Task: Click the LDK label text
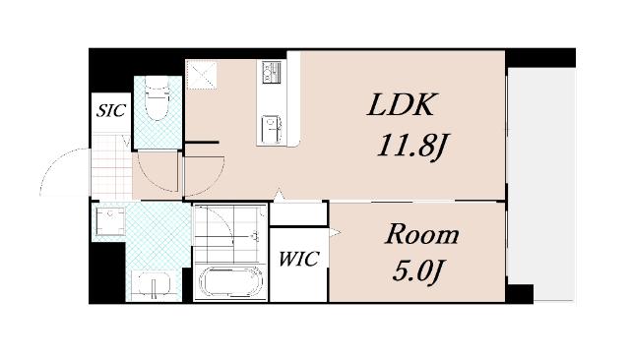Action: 402,106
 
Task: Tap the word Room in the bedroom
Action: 420,235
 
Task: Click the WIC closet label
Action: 297,261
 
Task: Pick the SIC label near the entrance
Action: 110,110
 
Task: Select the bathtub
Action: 230,283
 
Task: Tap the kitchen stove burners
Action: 271,72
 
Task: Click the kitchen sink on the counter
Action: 270,128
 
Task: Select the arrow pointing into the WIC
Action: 335,233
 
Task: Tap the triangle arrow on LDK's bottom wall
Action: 280,194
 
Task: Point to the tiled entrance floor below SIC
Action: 110,163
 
